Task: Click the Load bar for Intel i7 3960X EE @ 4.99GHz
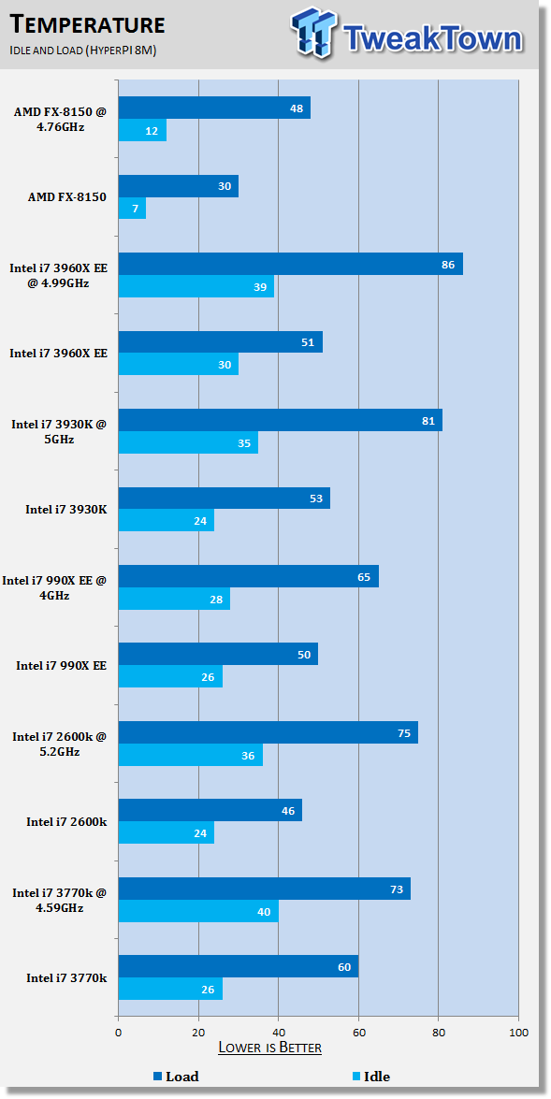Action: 290,265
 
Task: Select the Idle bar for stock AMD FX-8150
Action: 132,209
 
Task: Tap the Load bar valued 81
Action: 281,421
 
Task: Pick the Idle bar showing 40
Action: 198,911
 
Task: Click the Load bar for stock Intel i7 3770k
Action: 239,966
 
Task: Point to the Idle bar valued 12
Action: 142,130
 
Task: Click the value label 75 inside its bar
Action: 403,733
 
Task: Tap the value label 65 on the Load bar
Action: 363,577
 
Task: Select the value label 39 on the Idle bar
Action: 259,286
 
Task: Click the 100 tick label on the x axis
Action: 518,1033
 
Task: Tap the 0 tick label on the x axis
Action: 119,1033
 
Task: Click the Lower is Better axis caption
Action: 270,1048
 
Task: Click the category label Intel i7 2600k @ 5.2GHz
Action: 60,744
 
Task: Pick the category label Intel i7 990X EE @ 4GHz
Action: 54,587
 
